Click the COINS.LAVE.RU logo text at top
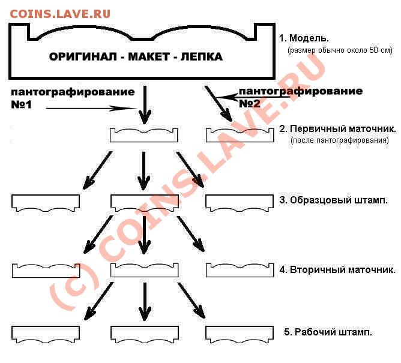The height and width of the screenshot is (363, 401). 60,14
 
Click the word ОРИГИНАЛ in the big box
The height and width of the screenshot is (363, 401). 83,56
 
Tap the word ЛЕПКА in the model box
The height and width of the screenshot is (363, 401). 202,56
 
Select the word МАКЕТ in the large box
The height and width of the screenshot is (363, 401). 149,56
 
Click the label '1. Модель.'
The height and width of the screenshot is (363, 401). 304,38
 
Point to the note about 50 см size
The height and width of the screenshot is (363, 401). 340,50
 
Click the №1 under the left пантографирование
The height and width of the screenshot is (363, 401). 21,104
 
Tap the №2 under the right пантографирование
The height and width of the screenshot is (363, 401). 249,104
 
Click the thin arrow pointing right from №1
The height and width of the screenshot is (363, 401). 91,109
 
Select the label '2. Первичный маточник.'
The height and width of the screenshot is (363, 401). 337,128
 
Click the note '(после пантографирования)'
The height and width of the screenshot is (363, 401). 340,140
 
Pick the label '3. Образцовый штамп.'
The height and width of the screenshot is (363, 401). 333,200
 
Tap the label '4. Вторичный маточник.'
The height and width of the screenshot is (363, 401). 337,269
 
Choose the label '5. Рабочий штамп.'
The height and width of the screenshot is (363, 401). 328,332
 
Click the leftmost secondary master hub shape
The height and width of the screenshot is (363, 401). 46,274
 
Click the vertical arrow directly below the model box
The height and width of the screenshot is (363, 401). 145,105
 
